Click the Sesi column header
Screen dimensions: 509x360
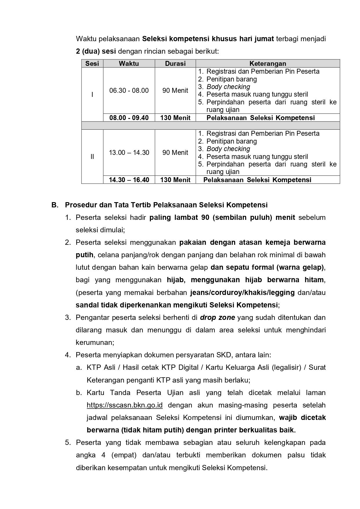click(x=92, y=64)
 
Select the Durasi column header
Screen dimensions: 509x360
click(x=175, y=64)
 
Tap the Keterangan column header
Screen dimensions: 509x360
click(x=268, y=64)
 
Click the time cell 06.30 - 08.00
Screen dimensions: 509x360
click(x=129, y=90)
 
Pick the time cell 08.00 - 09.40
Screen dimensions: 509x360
click(x=129, y=118)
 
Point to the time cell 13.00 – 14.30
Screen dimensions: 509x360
click(x=129, y=153)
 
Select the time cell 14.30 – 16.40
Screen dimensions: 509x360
click(x=129, y=180)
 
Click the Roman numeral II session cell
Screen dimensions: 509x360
click(x=92, y=157)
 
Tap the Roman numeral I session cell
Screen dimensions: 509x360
click(x=92, y=95)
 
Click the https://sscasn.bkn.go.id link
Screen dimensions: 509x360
click(x=124, y=405)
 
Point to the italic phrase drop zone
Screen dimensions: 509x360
click(x=217, y=318)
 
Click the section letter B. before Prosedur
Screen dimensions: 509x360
click(x=55, y=205)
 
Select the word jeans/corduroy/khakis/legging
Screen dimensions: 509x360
click(x=242, y=292)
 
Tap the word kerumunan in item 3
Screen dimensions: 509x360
click(x=95, y=343)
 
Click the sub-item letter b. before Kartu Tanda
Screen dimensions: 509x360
click(x=79, y=393)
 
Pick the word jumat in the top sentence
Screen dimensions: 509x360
click(x=264, y=39)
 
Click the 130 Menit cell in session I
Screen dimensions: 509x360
click(x=175, y=118)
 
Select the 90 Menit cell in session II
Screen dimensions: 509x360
click(x=175, y=153)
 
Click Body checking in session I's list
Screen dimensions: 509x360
click(x=228, y=87)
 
